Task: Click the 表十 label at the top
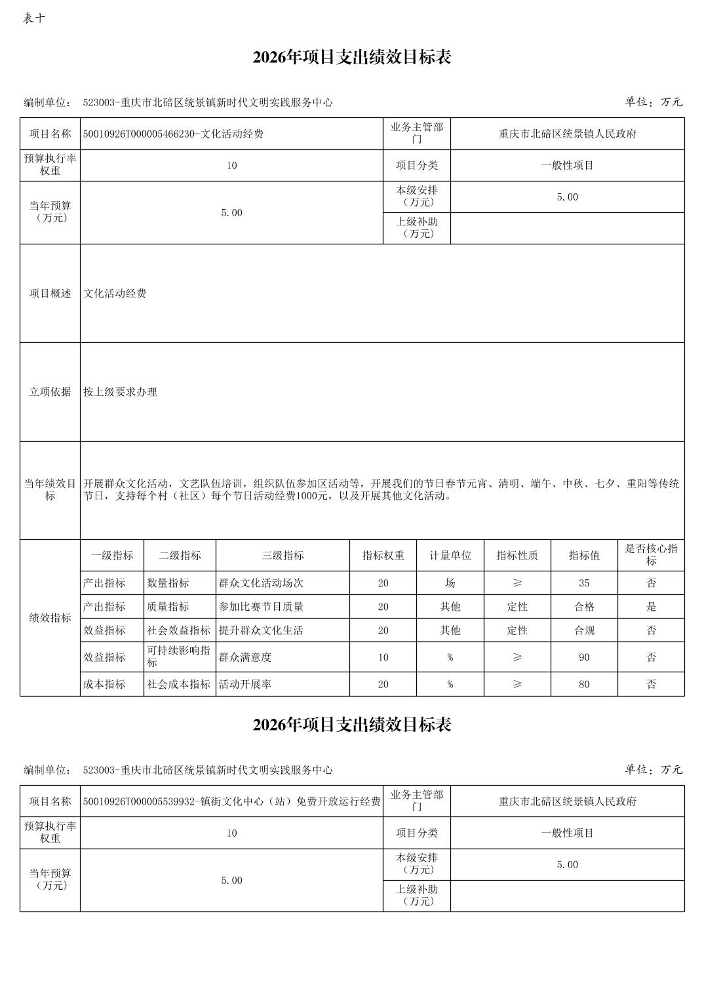pos(34,18)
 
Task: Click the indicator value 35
pos(583,583)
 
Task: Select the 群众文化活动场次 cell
pos(261,583)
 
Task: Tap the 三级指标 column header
pos(283,556)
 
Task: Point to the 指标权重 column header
pos(383,556)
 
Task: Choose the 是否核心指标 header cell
pos(651,555)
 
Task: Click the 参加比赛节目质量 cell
pos(261,607)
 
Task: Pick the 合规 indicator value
pos(583,630)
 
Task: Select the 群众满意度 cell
pos(245,657)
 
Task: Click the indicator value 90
pos(583,657)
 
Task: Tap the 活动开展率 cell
pos(245,684)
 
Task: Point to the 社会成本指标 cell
pos(178,684)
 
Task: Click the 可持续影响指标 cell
pos(178,657)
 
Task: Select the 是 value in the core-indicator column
pos(651,607)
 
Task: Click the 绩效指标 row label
pos(50,618)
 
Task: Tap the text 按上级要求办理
pos(120,392)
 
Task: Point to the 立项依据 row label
pos(50,392)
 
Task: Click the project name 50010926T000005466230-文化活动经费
pos(173,134)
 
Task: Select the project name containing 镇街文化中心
pos(231,801)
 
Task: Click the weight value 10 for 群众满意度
pos(383,657)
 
